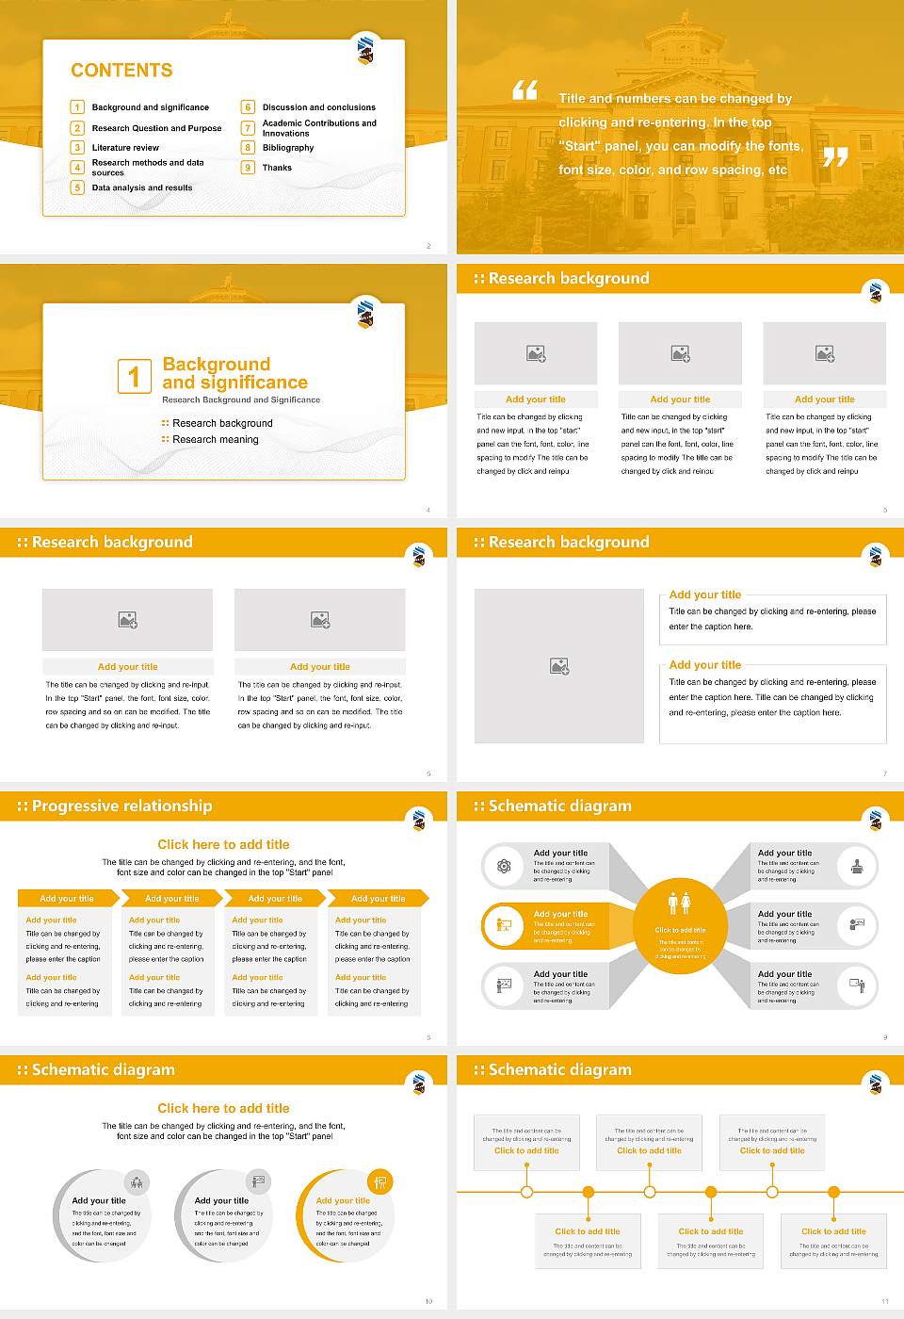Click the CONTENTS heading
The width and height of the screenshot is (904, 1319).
[x=121, y=71]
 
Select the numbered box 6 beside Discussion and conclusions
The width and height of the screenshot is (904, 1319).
[x=248, y=107]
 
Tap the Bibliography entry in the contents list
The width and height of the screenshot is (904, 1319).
[x=288, y=148]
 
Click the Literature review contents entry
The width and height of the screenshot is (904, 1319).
[x=125, y=148]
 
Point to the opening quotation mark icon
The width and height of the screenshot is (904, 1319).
[x=525, y=90]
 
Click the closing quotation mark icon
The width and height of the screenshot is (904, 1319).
[x=834, y=157]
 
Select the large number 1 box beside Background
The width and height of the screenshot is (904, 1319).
[x=134, y=376]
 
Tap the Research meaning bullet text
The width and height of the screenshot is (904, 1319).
[x=215, y=440]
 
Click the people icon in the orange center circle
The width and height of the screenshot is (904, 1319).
[x=679, y=904]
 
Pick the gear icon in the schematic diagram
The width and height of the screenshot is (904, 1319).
[x=504, y=866]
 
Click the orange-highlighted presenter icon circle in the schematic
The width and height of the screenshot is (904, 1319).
[x=504, y=925]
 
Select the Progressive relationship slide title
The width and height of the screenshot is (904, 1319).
[x=121, y=806]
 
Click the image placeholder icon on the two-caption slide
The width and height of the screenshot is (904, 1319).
[x=559, y=666]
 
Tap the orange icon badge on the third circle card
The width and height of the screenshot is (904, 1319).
[x=379, y=1181]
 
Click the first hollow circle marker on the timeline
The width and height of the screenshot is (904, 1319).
[x=526, y=1192]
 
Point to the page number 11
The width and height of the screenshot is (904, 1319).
[x=884, y=1301]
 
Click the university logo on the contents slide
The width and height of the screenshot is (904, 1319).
[x=365, y=50]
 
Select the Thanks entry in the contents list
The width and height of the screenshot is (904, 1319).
[x=277, y=168]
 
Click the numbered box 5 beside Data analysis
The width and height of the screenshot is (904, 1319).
[x=77, y=187]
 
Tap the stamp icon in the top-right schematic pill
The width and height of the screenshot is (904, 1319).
[x=856, y=866]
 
